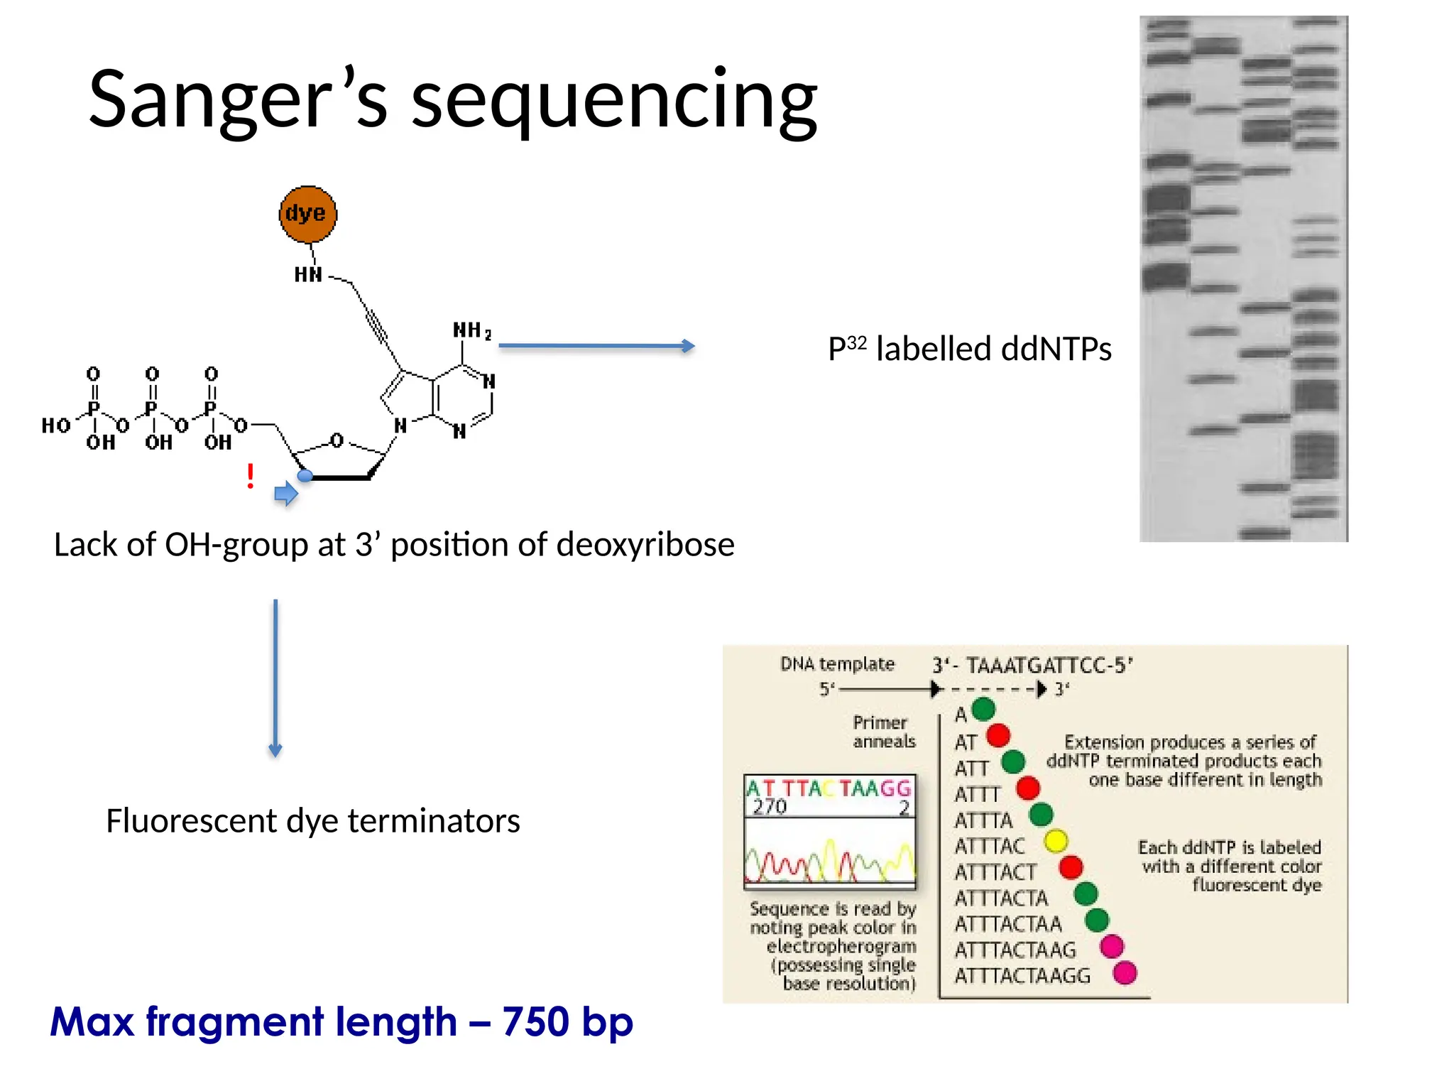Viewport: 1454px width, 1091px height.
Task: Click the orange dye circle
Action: tap(307, 214)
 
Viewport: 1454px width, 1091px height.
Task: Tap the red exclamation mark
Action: tap(250, 476)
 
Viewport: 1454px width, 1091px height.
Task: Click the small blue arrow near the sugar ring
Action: tap(286, 493)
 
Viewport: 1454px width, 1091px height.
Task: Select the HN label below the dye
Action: tap(308, 275)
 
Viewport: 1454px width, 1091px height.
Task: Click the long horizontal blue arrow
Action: tap(596, 346)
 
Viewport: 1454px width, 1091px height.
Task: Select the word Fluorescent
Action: tap(192, 821)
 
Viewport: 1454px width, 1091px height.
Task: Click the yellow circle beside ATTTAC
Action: tap(1056, 841)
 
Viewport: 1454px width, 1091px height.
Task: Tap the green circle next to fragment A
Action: tap(983, 709)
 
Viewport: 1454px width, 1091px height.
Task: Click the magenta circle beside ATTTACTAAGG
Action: tap(1125, 972)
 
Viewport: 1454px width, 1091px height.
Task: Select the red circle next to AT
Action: tap(997, 735)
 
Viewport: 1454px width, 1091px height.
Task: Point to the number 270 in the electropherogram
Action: tap(770, 807)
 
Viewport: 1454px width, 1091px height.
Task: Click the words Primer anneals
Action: tap(883, 732)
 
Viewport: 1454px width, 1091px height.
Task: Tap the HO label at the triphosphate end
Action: tap(56, 425)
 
